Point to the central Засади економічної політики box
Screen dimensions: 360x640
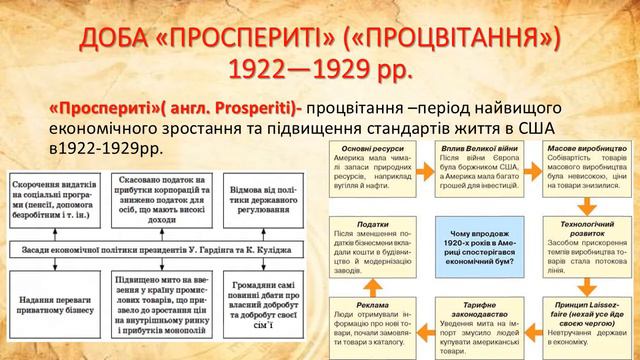159,248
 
